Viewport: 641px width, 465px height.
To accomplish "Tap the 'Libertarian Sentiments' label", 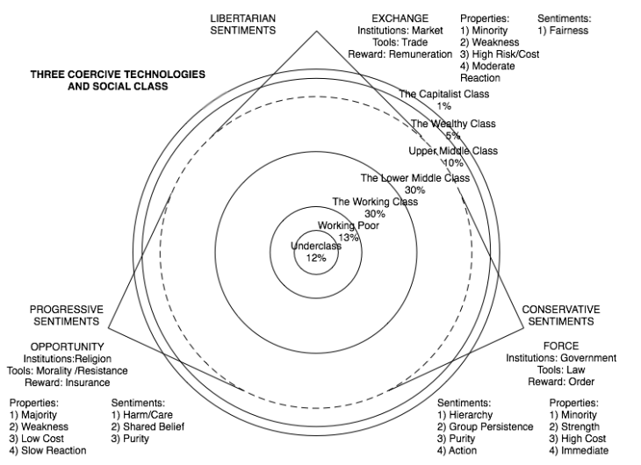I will pos(243,24).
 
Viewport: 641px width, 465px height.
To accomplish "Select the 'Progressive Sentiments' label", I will pos(67,315).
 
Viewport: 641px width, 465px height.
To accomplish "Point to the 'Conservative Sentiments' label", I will pos(561,315).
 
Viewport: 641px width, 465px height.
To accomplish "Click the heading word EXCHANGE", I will pos(400,18).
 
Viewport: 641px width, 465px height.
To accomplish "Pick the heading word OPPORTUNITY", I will pos(67,347).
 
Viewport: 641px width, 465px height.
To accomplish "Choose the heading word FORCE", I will pos(561,346).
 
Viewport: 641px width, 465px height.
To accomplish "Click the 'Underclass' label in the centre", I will pos(316,247).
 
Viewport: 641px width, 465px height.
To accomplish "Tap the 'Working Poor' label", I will pos(349,225).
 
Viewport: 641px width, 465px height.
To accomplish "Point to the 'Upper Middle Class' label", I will pos(453,151).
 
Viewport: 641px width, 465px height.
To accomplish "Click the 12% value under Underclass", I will pos(315,258).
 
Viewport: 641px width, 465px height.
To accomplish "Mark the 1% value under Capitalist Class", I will pos(443,105).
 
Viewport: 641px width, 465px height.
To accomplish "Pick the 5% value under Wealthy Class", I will pos(452,135).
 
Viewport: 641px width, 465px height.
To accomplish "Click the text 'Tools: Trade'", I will pos(400,42).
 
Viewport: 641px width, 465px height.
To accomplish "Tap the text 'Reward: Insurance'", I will pos(67,383).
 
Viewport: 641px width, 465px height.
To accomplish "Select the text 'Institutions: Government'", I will pos(561,358).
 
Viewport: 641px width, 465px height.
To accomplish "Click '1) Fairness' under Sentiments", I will pos(563,31).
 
